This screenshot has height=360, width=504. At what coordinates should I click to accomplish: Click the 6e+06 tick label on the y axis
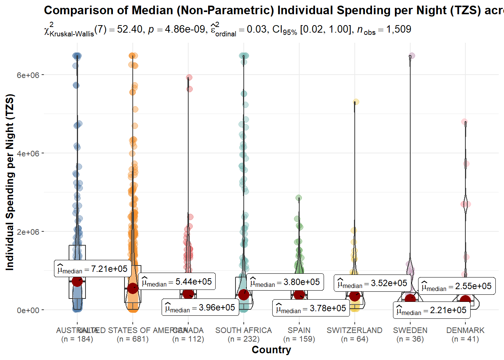(28, 75)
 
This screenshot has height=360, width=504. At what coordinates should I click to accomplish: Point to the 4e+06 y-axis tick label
(28, 153)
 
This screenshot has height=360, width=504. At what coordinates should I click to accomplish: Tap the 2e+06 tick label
(28, 232)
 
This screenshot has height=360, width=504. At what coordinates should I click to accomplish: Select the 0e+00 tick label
(28, 310)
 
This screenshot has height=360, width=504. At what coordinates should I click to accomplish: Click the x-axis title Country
(271, 350)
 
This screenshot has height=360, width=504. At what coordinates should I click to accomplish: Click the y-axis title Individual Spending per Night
(10, 182)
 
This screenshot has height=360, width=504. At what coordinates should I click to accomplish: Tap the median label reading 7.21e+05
(93, 269)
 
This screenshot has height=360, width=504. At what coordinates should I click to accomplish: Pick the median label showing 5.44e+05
(177, 282)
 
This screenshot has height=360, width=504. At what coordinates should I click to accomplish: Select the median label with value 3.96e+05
(200, 307)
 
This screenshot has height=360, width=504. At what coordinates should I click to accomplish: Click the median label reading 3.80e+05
(285, 282)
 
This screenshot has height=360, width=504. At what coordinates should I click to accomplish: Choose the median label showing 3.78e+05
(311, 308)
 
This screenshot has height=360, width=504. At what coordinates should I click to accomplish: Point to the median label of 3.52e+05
(372, 283)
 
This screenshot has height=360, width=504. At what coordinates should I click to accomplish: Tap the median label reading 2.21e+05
(432, 310)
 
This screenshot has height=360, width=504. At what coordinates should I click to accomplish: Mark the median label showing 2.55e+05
(457, 286)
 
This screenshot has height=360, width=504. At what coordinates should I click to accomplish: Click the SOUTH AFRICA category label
(243, 330)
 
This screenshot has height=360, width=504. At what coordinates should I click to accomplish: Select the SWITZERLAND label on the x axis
(354, 330)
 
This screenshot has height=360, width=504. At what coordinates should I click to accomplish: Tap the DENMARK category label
(465, 330)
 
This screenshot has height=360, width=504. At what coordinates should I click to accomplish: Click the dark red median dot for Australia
(77, 281)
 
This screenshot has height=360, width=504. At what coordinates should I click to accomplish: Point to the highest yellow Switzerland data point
(356, 102)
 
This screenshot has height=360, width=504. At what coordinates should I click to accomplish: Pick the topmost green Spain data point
(299, 198)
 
